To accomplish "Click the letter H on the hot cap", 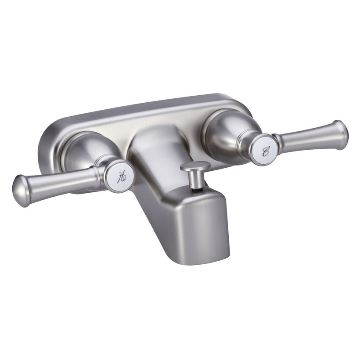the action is (x=122, y=177).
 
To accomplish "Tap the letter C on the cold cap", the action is (x=266, y=151).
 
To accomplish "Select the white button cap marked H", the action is (x=121, y=176).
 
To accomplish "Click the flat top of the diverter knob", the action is (x=195, y=166).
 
